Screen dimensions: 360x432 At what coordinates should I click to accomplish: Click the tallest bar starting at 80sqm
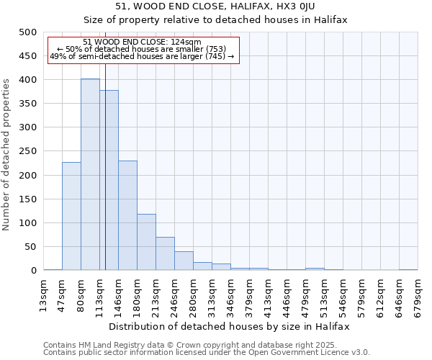90,175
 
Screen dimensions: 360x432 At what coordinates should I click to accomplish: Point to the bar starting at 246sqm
184,261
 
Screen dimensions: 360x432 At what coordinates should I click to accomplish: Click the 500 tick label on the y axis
27,32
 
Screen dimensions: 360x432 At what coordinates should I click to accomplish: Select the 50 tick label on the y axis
30,247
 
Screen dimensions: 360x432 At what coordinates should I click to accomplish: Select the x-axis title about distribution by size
230,326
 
